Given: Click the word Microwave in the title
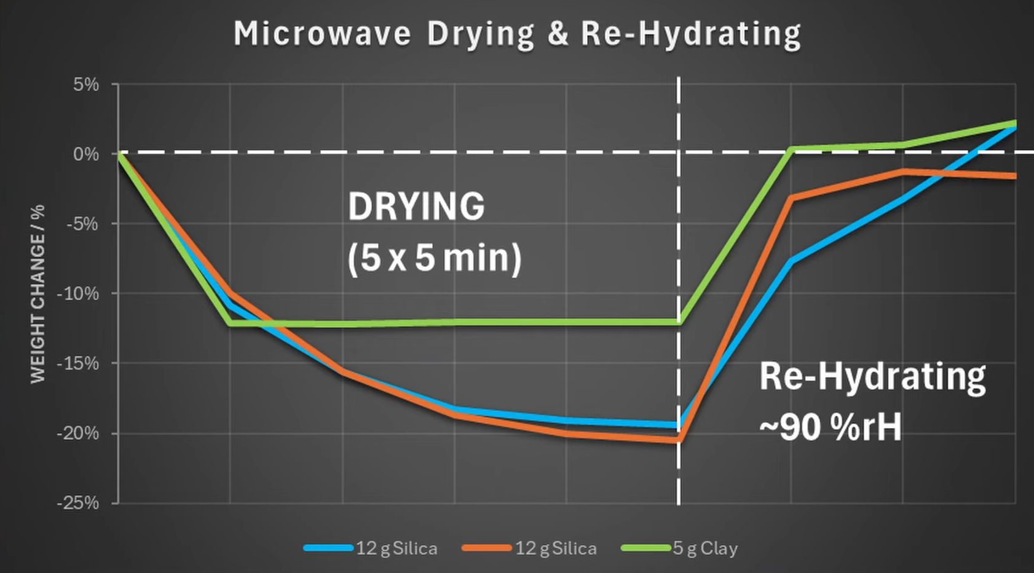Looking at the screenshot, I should (322, 33).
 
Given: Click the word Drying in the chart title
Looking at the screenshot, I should (481, 34).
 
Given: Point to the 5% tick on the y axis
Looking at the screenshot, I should (86, 84).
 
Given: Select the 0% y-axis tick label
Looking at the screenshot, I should (86, 154).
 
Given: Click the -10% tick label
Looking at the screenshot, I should (78, 294).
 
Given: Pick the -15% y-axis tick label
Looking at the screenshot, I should (78, 363).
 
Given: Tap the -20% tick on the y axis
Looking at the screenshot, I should (78, 433).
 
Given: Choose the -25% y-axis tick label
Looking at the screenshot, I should (78, 503).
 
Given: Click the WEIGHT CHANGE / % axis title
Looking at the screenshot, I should (38, 294).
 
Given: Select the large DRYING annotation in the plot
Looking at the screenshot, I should (416, 207).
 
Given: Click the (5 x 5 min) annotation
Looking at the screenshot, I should (434, 257).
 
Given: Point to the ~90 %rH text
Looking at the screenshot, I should (830, 427).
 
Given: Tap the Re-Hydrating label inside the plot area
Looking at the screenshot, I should (872, 376).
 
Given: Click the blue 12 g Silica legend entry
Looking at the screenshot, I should (371, 548).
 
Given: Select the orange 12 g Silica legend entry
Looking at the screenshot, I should (529, 548).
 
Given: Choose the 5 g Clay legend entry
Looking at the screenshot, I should (679, 548).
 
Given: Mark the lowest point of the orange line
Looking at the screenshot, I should (678, 440).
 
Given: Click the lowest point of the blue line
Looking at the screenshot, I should (678, 425).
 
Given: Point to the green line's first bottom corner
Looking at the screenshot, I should (231, 323).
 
